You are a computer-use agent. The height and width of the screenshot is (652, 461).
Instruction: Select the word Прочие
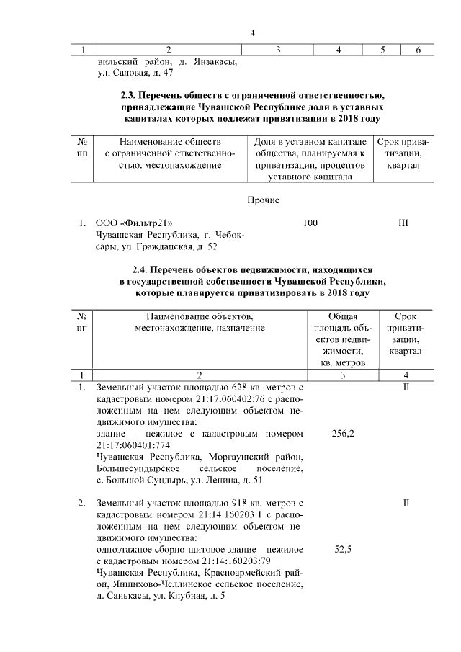(x=262, y=200)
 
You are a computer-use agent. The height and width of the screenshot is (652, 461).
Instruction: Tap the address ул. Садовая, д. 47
(x=135, y=73)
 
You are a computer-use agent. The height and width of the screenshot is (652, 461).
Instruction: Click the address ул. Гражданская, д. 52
(x=170, y=248)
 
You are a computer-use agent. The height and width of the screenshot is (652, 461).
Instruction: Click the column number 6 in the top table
(x=419, y=50)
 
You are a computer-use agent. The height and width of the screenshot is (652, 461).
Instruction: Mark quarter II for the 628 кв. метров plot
(x=406, y=388)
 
